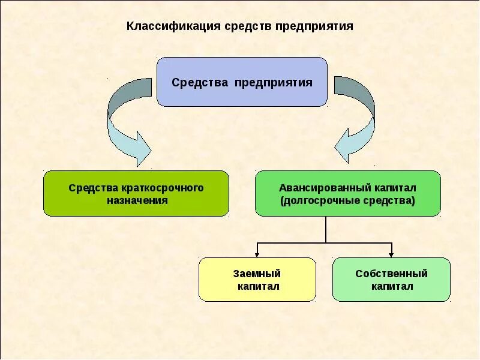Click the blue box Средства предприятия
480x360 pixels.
tap(242, 82)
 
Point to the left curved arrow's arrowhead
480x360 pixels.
tap(143, 148)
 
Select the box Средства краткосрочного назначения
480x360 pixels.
tap(136, 193)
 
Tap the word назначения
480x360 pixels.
tap(137, 200)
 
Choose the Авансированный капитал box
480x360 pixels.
tap(347, 193)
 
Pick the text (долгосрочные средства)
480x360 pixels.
tap(347, 200)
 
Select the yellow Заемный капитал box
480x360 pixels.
tap(257, 280)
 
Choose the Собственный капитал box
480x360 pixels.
tap(391, 280)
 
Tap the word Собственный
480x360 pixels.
tap(391, 274)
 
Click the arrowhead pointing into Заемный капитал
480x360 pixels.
tap(257, 254)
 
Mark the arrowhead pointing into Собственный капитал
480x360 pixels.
tap(391, 254)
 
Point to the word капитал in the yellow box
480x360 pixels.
tap(257, 286)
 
